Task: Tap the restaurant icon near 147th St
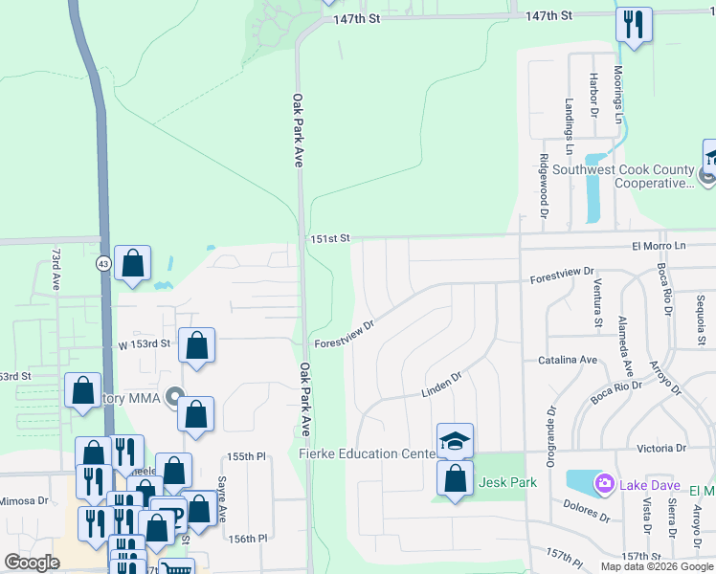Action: pos(634,24)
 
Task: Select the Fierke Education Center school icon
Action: pos(456,441)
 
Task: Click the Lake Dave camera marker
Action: pos(604,483)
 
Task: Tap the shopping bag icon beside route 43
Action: pos(132,263)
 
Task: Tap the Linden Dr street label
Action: pos(442,385)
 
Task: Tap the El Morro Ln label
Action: pos(659,246)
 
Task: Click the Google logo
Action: pos(33,563)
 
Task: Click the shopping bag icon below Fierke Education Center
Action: pos(456,478)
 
